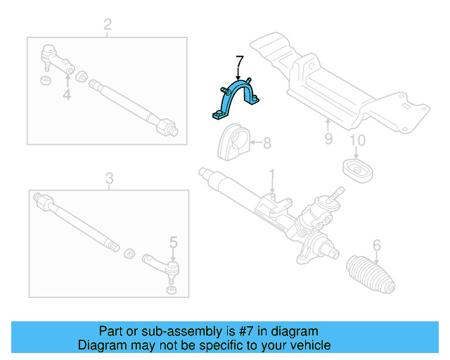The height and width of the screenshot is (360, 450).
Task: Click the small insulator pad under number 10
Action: point(356,169)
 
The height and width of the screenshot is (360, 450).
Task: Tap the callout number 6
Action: point(377,245)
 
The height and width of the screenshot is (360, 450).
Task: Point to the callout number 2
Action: point(108,26)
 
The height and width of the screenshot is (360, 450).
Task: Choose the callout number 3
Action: point(109,179)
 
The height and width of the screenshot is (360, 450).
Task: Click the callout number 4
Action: point(66,94)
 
